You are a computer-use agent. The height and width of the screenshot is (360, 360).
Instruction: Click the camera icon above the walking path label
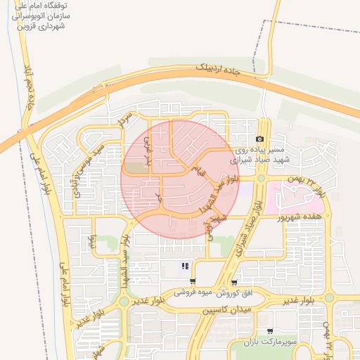pyautogui.click(x=260, y=140)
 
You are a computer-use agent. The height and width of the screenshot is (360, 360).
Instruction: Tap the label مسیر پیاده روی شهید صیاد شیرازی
pyautogui.click(x=260, y=155)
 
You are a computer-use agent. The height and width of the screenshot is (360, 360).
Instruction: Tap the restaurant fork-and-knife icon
pyautogui.click(x=185, y=266)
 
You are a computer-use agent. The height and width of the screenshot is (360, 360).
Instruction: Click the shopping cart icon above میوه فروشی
pyautogui.click(x=193, y=282)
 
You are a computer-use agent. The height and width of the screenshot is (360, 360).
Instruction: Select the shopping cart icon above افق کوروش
pyautogui.click(x=234, y=282)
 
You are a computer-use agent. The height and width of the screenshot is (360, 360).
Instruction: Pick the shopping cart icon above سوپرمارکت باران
pyautogui.click(x=269, y=331)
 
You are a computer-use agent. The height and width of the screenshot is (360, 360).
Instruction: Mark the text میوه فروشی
pyautogui.click(x=193, y=292)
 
